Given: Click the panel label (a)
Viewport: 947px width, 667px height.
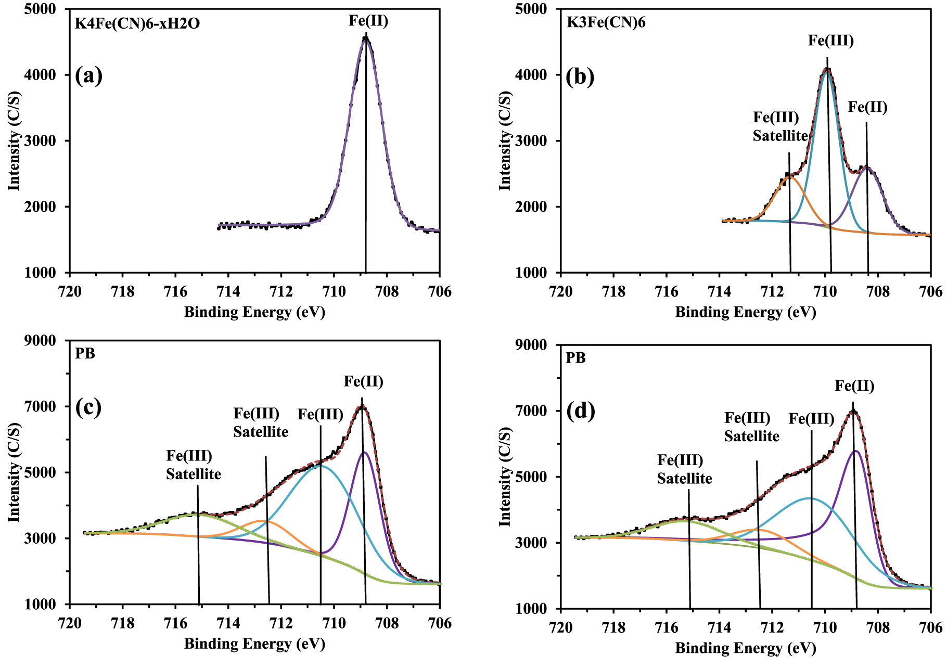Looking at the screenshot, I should click(x=88, y=76).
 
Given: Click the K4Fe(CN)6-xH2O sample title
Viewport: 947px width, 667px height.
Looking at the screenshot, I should click(x=137, y=23).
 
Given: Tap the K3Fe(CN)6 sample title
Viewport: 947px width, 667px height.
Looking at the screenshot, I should click(x=606, y=22).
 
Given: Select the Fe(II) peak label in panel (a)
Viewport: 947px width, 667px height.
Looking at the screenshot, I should click(x=368, y=21).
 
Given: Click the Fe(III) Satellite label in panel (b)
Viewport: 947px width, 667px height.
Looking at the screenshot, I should click(x=779, y=126).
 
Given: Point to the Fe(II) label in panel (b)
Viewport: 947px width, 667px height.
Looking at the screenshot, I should click(x=867, y=107).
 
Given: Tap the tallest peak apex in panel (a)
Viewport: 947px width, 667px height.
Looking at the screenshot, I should click(x=366, y=38).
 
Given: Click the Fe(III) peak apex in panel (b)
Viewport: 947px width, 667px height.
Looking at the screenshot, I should click(x=827, y=69).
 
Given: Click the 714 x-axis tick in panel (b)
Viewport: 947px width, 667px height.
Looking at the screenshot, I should click(x=720, y=291).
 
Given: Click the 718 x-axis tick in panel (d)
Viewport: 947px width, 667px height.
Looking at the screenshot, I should click(x=613, y=627).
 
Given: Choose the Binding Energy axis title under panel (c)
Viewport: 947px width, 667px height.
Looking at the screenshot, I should click(x=254, y=644).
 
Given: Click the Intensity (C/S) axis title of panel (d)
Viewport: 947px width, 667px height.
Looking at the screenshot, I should click(x=505, y=477).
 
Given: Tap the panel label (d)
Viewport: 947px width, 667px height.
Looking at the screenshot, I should click(x=580, y=411).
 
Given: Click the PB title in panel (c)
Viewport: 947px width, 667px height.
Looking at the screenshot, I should click(x=85, y=353).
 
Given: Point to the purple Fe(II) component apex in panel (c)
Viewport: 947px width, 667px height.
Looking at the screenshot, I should click(x=364, y=452).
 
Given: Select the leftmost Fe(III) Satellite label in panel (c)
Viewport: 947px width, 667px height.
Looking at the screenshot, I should click(x=193, y=465).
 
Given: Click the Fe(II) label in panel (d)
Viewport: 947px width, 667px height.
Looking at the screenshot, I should click(x=854, y=386).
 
